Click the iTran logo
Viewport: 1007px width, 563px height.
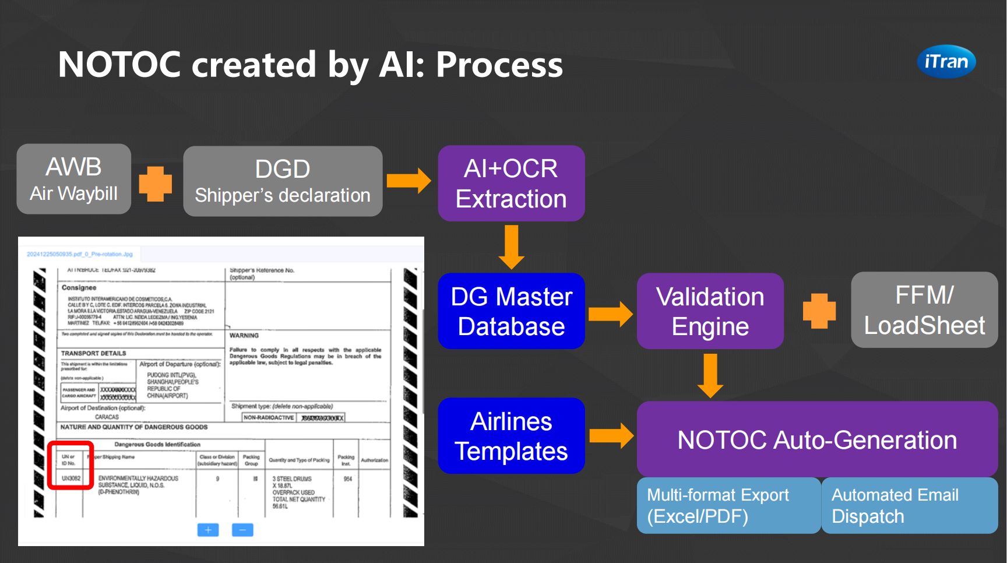(946, 61)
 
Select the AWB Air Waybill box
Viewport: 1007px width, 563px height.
(74, 179)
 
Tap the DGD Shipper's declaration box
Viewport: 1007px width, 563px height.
(283, 181)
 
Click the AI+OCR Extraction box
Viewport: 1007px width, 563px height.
(511, 183)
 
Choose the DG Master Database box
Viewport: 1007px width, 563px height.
(511, 311)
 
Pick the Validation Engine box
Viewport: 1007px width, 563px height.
(710, 311)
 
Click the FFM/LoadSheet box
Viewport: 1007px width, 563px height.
(924, 310)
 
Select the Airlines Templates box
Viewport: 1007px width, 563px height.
(511, 436)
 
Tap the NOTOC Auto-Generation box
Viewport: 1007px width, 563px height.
(817, 439)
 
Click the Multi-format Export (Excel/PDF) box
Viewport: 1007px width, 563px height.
(728, 505)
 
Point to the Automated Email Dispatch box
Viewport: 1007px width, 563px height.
(909, 505)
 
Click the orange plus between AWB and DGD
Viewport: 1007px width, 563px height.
(156, 184)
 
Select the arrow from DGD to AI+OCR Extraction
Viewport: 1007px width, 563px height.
(409, 181)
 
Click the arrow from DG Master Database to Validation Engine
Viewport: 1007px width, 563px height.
(610, 314)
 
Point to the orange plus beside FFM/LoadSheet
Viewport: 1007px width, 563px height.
(819, 311)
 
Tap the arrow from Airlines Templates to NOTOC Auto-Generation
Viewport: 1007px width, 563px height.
(611, 436)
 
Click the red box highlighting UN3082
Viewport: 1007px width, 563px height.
(71, 466)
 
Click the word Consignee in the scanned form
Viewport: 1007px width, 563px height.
(79, 288)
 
